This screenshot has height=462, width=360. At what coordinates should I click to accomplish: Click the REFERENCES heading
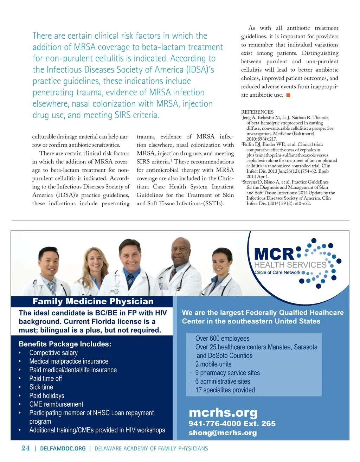[x=257, y=112]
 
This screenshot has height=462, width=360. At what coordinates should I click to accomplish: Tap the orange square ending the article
[x=288, y=95]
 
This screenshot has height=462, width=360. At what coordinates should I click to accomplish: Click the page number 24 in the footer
[x=26, y=448]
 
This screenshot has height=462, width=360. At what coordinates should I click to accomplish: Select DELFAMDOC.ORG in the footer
[x=63, y=449]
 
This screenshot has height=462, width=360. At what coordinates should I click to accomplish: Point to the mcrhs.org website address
[x=223, y=412]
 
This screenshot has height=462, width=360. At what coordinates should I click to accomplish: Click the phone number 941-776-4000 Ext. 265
[x=232, y=424]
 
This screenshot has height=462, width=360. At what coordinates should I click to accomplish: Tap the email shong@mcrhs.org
[x=223, y=433]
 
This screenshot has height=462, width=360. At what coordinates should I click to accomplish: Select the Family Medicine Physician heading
[x=93, y=301]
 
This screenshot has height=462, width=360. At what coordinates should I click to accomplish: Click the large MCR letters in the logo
[x=274, y=254]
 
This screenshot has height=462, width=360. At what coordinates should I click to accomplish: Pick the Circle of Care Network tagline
[x=277, y=272]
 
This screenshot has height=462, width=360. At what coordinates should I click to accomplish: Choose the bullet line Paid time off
[x=46, y=378]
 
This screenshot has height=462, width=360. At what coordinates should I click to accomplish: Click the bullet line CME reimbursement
[x=56, y=404]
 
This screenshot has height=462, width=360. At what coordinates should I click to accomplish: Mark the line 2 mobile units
[x=213, y=364]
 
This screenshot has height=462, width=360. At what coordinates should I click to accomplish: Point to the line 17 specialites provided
[x=225, y=390]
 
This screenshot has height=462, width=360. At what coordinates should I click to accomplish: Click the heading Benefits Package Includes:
[x=65, y=344]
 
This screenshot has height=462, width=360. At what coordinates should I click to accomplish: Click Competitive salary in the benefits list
[x=53, y=353]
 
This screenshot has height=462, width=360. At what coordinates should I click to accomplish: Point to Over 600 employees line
[x=222, y=338]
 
